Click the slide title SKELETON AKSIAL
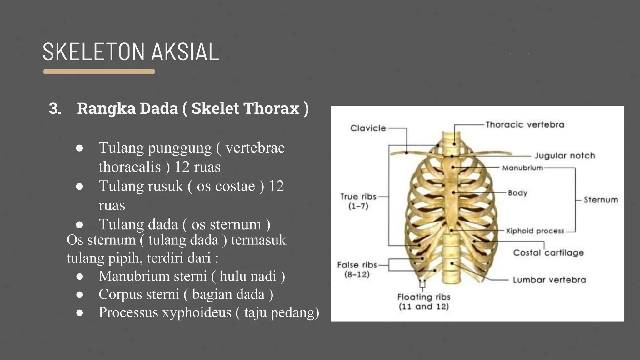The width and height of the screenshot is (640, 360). click(x=131, y=52)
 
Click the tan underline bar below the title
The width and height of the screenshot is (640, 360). click(x=99, y=72)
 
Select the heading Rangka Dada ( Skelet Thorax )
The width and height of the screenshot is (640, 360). click(x=193, y=108)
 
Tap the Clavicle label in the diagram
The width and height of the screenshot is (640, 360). click(x=368, y=128)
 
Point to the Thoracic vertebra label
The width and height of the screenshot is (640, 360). click(x=525, y=125)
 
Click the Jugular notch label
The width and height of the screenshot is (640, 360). click(x=564, y=156)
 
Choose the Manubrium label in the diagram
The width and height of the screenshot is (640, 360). click(x=522, y=168)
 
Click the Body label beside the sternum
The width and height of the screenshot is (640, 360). click(x=517, y=193)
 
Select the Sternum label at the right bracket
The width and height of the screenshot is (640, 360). click(x=601, y=200)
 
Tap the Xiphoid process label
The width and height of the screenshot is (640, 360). click(x=535, y=231)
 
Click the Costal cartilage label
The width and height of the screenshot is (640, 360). click(x=548, y=252)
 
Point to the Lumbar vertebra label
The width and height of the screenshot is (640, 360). click(x=549, y=280)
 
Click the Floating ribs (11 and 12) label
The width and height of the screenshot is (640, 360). click(x=423, y=302)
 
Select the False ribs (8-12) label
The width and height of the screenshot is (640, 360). click(x=357, y=269)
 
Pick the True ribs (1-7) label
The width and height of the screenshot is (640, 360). click(x=358, y=201)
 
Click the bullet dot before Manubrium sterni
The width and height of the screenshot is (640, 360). click(x=80, y=277)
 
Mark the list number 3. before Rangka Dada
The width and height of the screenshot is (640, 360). click(x=55, y=109)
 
